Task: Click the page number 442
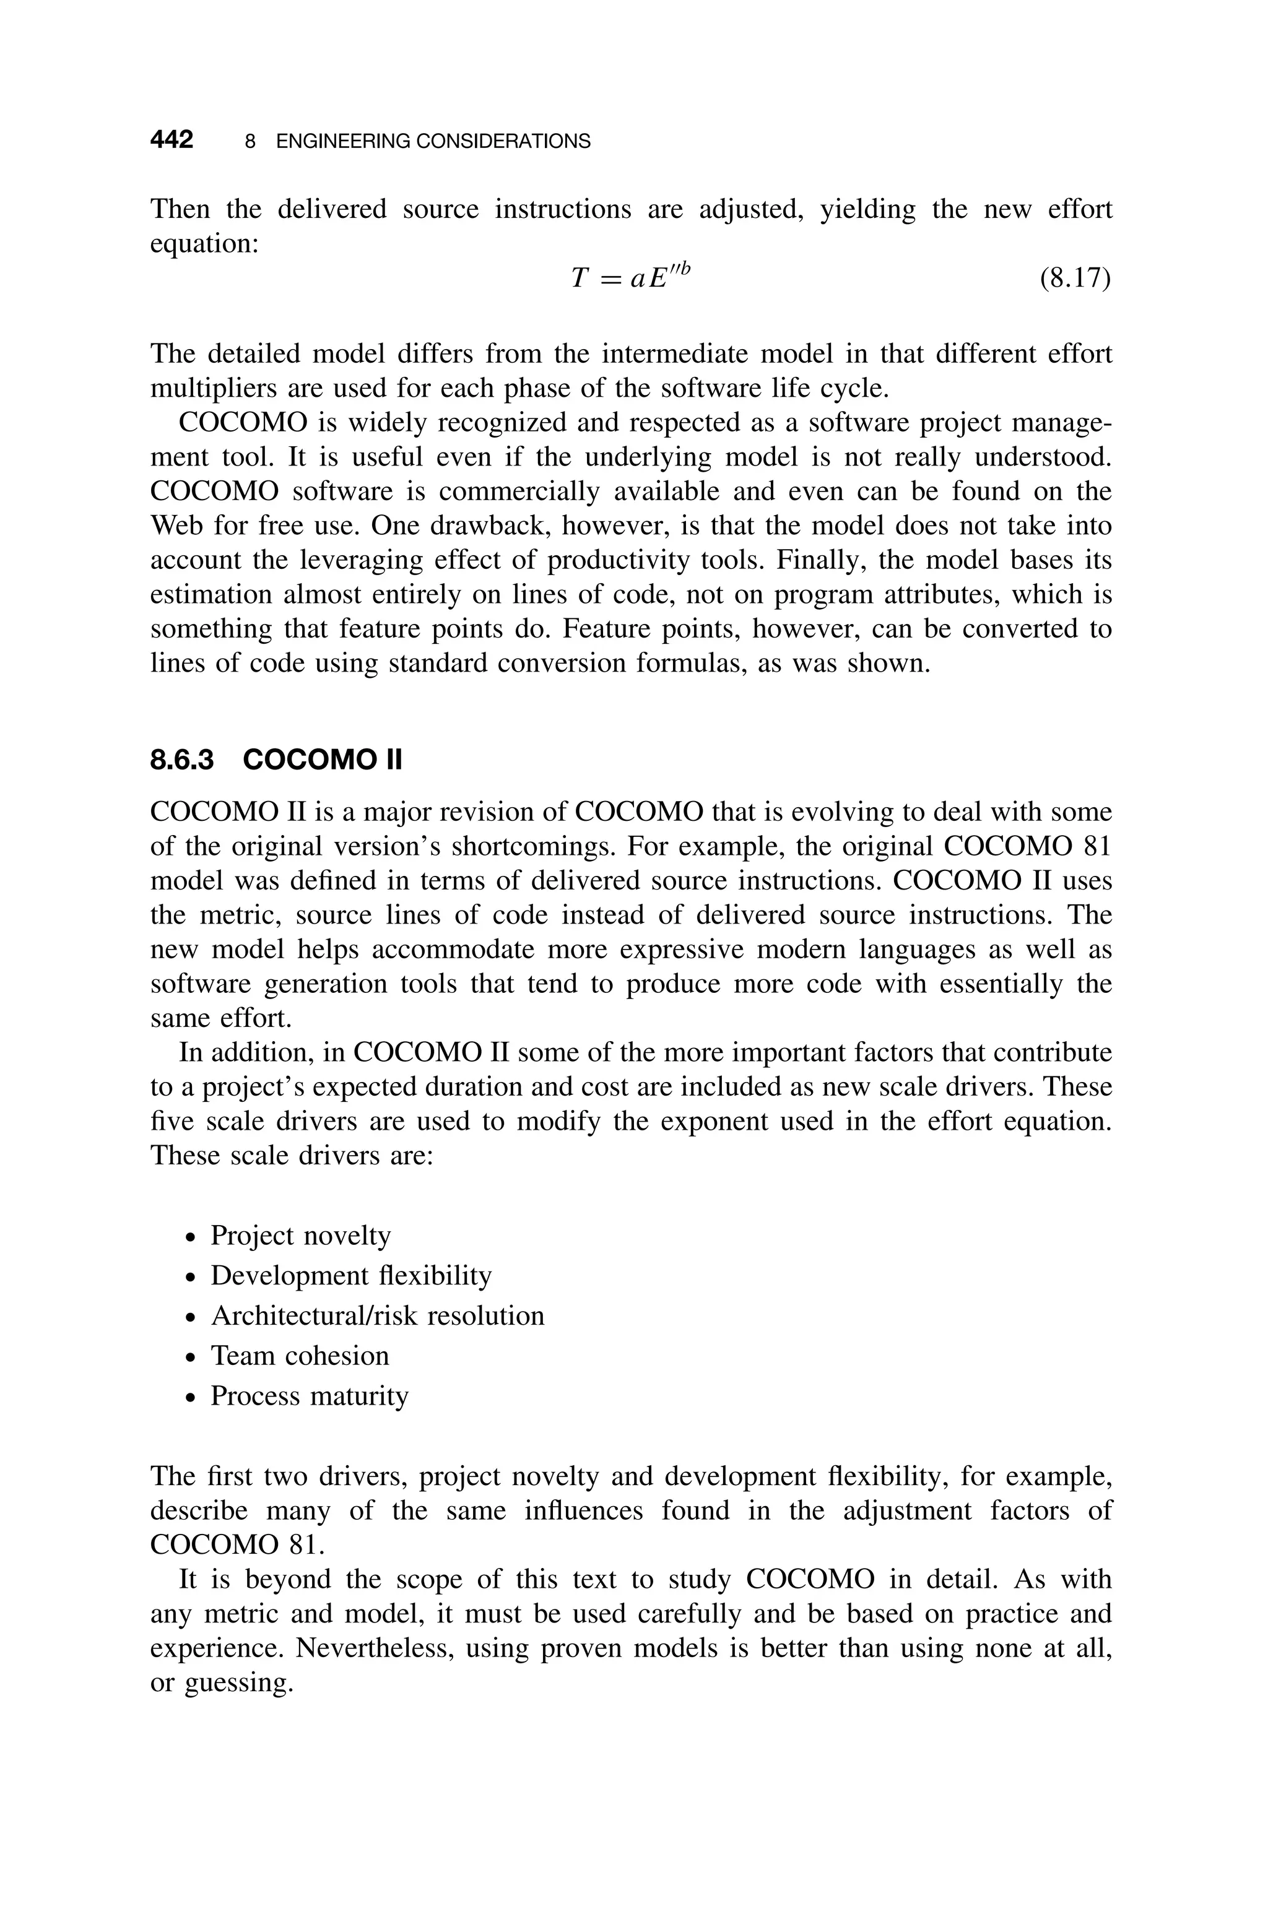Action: point(172,141)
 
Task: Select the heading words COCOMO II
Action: point(322,761)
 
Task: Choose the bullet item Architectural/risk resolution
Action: point(377,1316)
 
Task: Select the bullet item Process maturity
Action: point(309,1396)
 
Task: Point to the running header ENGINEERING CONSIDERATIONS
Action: point(433,142)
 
